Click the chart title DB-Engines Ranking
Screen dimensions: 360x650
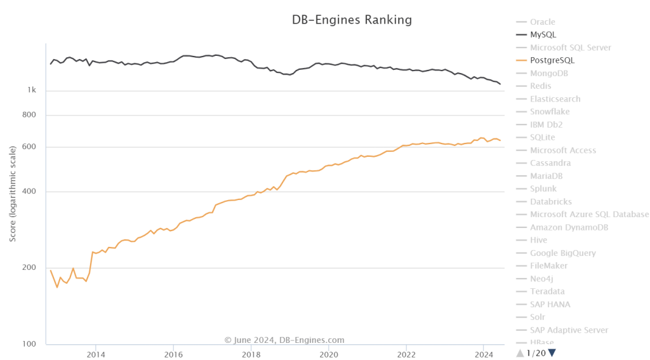[351, 20]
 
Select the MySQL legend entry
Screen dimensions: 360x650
[543, 34]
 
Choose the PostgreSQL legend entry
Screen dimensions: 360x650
[552, 60]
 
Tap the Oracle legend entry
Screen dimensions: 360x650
[542, 22]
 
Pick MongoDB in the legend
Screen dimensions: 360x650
[549, 73]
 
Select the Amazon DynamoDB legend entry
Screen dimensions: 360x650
[569, 227]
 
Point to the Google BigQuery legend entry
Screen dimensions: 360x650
[562, 253]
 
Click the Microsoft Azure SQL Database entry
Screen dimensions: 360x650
[589, 214]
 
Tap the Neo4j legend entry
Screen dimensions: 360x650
[543, 279]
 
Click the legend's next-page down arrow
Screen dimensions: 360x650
[552, 352]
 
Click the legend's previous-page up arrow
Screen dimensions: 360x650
[520, 352]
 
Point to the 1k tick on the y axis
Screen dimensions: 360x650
[31, 90]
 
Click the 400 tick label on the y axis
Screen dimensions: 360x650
[29, 192]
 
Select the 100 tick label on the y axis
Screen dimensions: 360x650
[29, 345]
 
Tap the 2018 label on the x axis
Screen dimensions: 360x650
[251, 355]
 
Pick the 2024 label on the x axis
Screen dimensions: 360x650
[484, 355]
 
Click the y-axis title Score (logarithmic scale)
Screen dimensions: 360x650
[13, 193]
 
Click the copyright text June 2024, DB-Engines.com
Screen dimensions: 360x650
[284, 340]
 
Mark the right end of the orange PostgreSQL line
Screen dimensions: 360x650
[500, 140]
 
